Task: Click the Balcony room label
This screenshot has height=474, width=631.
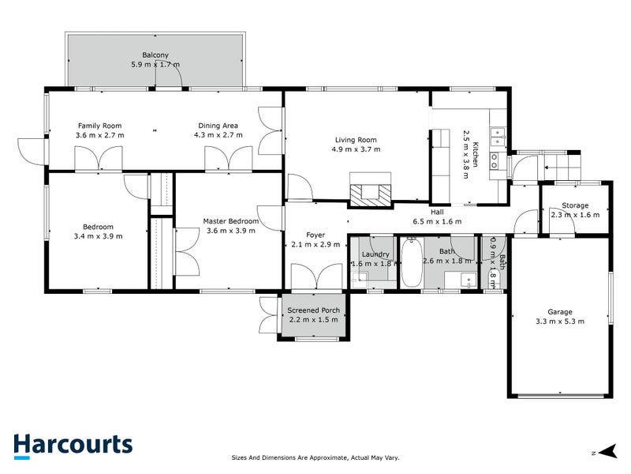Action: (155, 55)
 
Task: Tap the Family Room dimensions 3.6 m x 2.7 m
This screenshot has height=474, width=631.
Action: (100, 135)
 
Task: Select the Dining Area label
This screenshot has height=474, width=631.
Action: (218, 126)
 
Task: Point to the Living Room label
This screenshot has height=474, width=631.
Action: (357, 140)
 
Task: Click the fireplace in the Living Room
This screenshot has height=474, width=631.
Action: (370, 190)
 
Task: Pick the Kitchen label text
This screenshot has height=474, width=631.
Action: (476, 154)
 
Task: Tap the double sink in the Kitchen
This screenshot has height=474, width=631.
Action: (498, 136)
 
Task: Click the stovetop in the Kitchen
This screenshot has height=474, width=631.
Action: (495, 160)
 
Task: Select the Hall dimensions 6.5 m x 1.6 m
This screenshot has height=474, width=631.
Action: (438, 221)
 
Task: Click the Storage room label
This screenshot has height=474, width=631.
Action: (575, 205)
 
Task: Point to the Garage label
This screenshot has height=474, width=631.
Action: (560, 311)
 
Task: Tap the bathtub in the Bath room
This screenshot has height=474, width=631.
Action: (412, 262)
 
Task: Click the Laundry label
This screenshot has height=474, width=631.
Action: (375, 254)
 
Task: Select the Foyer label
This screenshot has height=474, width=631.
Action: (315, 235)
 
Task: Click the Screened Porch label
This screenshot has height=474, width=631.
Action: (313, 310)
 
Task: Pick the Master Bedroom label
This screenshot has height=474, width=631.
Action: (231, 221)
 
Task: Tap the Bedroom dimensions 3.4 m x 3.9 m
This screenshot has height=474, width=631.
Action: (98, 236)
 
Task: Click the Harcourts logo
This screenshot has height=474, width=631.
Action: (73, 446)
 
